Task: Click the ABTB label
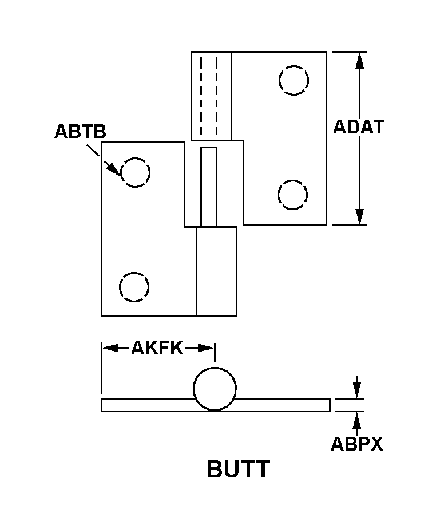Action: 80,131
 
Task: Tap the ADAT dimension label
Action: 359,127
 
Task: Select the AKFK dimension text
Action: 157,348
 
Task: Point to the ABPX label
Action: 357,444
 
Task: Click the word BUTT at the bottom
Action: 239,469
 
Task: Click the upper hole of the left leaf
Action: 136,172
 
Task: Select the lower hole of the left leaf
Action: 134,287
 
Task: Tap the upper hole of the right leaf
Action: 294,80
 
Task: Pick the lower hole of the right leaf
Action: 292,195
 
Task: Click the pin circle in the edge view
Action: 215,388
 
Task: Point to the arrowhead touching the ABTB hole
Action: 114,169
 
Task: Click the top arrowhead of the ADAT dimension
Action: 359,60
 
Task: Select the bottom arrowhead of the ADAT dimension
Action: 359,217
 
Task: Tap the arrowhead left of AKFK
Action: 110,348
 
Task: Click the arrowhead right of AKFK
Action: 206,348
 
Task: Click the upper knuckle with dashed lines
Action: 211,96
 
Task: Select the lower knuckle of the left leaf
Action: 216,271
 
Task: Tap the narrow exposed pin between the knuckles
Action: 209,187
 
